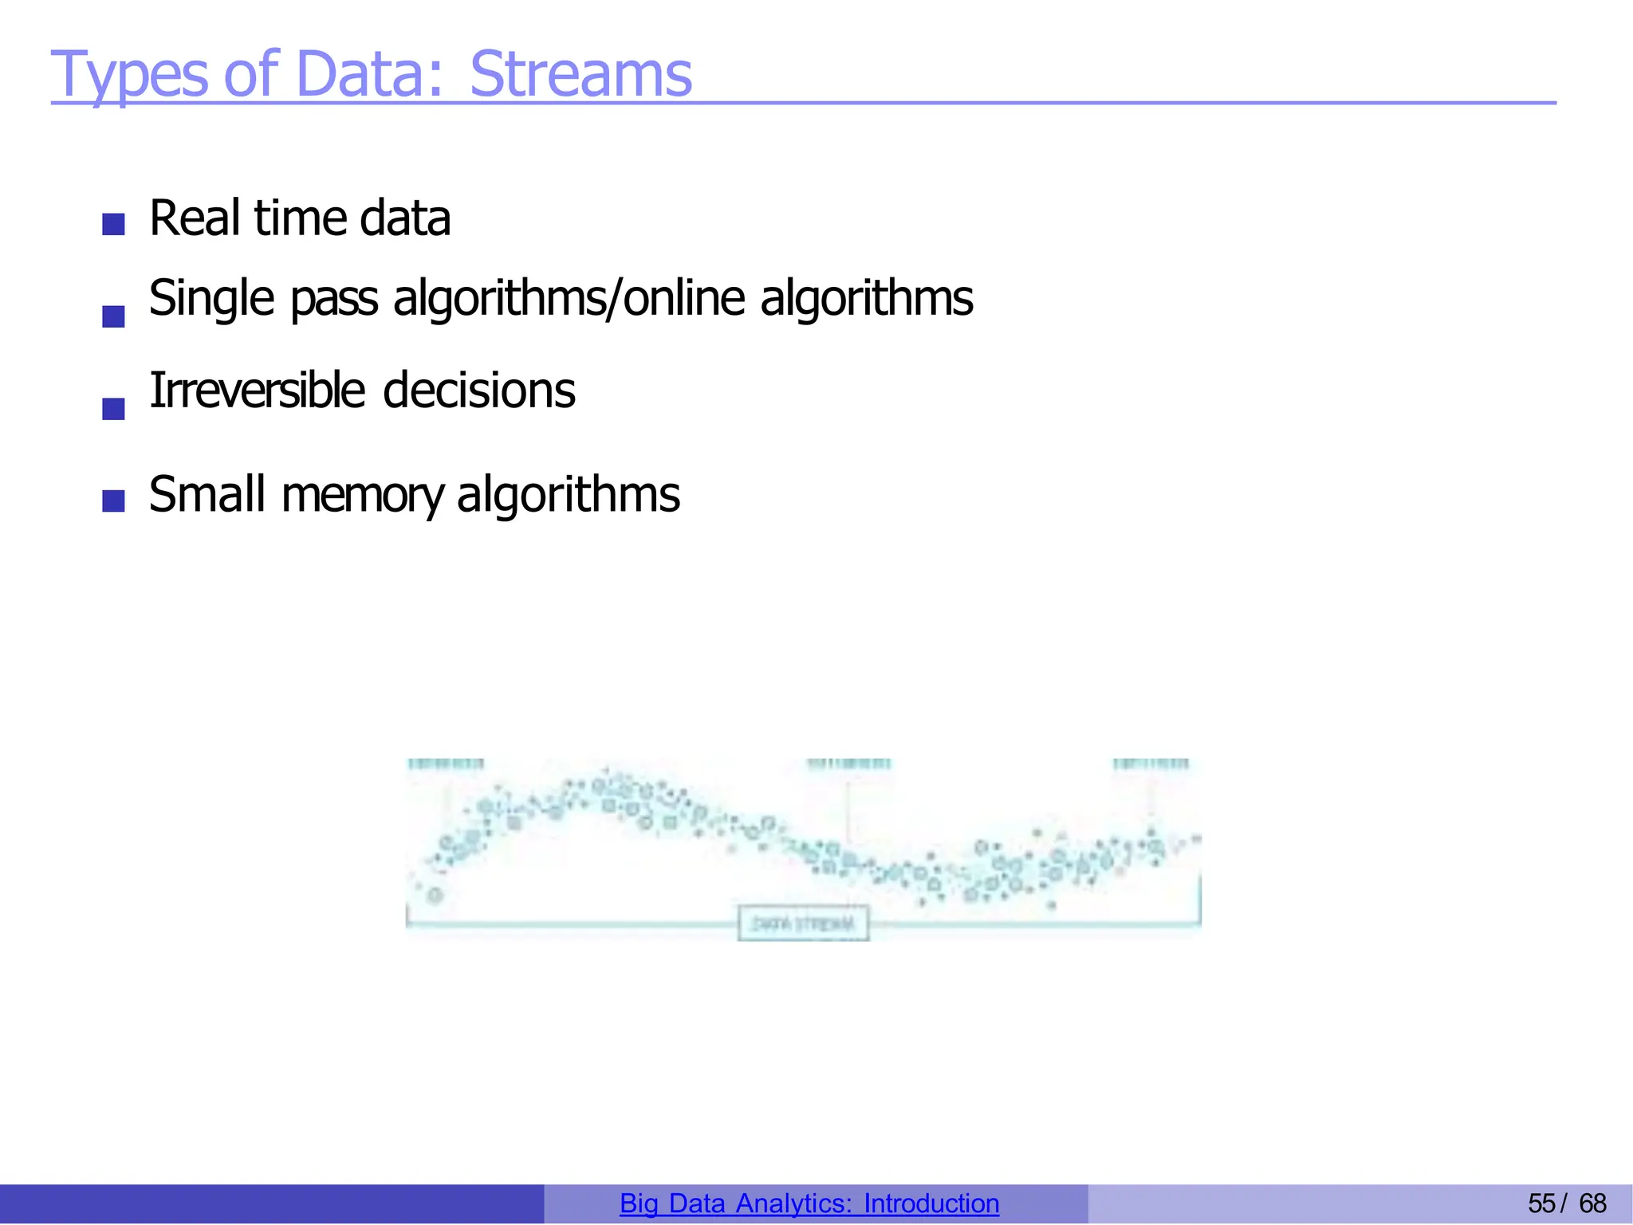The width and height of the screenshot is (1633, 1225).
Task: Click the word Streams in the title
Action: tap(580, 74)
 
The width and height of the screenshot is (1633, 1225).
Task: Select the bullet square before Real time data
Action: tap(114, 224)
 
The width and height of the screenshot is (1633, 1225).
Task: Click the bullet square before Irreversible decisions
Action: tap(114, 409)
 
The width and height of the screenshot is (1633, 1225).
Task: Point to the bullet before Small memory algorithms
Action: tap(114, 501)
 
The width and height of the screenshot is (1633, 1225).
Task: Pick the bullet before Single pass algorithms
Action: tap(114, 316)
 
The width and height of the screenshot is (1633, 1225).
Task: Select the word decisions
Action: tap(478, 391)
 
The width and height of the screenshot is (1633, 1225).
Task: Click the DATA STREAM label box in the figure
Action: tap(803, 924)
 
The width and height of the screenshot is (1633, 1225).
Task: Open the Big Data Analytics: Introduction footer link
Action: tap(809, 1203)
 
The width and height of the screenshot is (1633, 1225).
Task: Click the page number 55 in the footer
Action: tap(1541, 1203)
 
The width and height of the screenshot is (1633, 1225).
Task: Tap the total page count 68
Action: tap(1592, 1203)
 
